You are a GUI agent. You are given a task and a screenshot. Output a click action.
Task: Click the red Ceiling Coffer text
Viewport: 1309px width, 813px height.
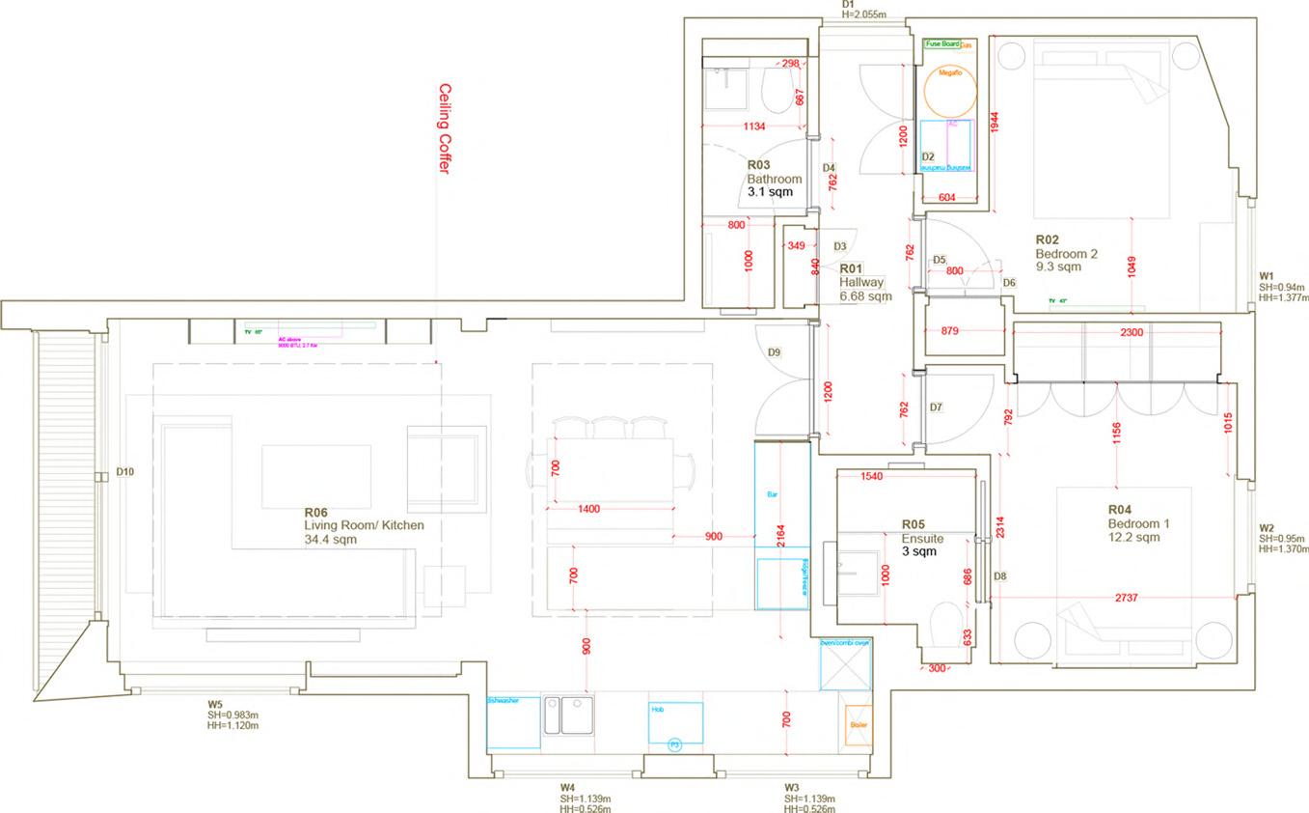(445, 128)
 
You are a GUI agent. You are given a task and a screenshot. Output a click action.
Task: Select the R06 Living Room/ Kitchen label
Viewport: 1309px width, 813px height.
(363, 525)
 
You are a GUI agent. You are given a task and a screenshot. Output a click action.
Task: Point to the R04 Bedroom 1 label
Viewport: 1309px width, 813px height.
(1138, 523)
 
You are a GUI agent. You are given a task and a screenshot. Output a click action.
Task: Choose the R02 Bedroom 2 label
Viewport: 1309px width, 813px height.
(1066, 254)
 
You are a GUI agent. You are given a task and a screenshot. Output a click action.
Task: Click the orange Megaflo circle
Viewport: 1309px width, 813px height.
(950, 91)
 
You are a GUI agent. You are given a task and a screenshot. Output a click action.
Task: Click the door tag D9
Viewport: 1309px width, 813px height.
(775, 353)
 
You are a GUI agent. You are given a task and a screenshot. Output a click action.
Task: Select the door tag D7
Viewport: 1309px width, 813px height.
(936, 408)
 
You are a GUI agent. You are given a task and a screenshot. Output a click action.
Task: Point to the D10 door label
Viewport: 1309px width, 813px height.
(124, 472)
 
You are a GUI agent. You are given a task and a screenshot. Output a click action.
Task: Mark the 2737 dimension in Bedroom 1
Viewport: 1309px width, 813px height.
(1126, 599)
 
